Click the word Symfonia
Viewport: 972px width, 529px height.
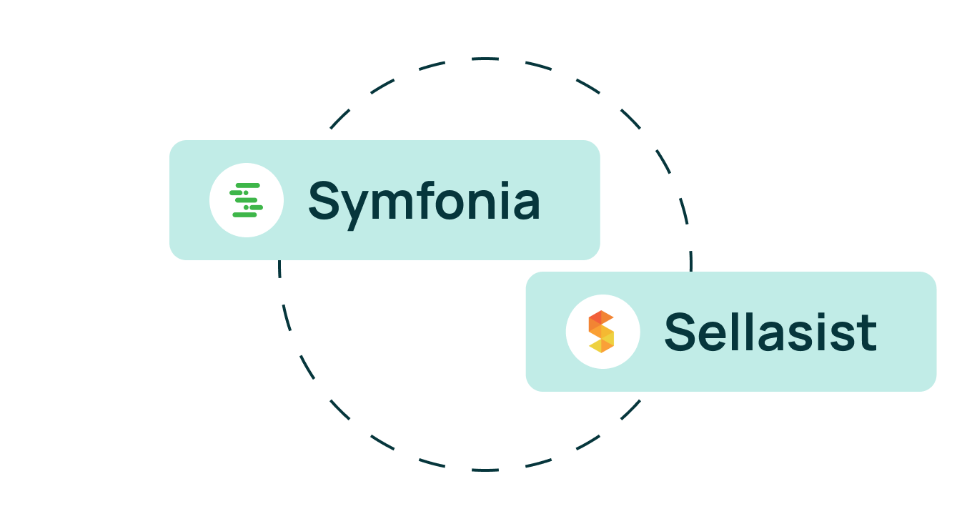424,202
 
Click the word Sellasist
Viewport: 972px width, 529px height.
770,332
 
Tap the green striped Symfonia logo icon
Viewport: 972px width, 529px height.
247,200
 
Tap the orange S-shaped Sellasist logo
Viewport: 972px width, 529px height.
602,332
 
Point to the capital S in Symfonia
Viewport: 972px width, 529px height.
324,200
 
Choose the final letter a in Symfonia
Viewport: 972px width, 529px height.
526,204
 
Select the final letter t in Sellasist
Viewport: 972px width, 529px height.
867,333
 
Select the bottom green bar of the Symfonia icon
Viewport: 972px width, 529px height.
244,214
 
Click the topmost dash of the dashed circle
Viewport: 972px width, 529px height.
485,59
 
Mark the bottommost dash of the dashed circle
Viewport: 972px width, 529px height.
485,470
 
